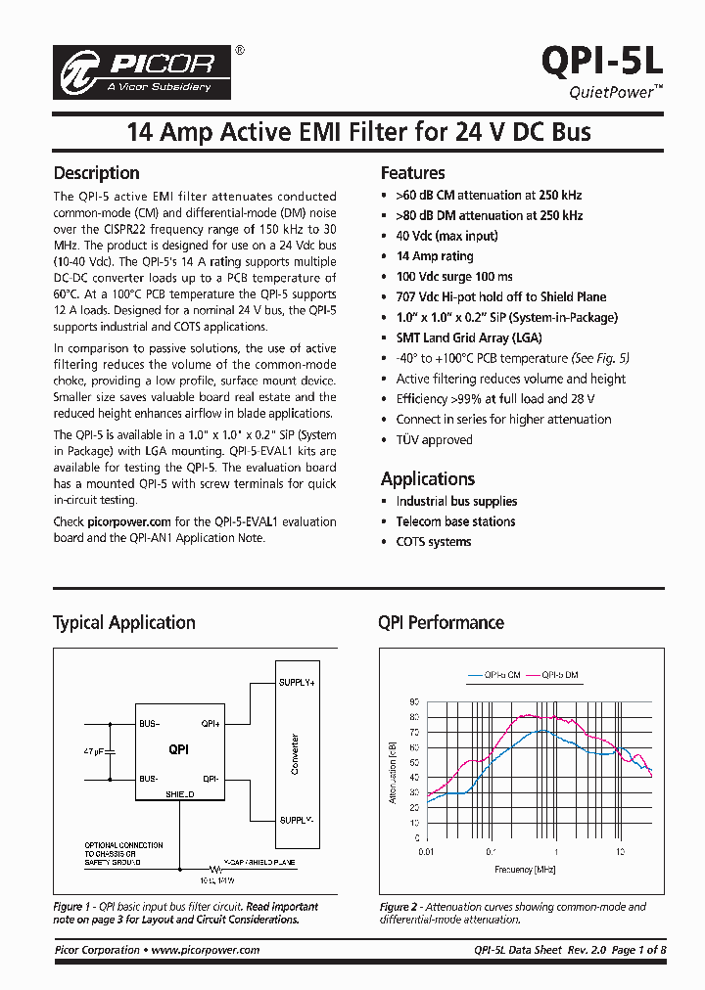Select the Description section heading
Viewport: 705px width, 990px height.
(96, 173)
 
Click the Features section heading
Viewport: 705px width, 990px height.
(412, 173)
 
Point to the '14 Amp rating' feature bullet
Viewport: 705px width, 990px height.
(434, 256)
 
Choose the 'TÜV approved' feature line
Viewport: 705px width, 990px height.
(434, 440)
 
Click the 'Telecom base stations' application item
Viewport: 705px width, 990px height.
(455, 521)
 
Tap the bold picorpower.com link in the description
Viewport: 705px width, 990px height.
(131, 522)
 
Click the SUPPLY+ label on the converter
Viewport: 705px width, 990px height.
(297, 682)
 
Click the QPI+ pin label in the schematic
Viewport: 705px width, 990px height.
(211, 725)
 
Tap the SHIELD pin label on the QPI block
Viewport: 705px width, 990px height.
(180, 795)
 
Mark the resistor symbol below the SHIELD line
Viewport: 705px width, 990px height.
(213, 868)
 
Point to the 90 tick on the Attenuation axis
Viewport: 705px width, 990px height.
(415, 702)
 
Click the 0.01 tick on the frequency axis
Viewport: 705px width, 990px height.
(425, 852)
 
